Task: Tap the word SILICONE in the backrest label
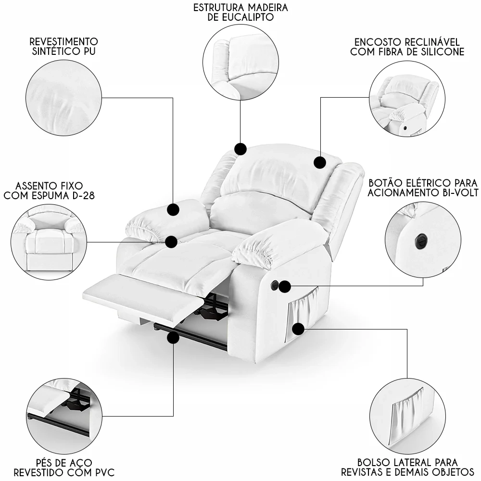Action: (x=441, y=51)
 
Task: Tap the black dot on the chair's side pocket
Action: (x=299, y=329)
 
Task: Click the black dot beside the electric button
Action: (x=285, y=286)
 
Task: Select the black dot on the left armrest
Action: (x=173, y=209)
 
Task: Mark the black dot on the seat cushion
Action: (x=172, y=241)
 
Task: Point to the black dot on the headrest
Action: (x=320, y=163)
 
